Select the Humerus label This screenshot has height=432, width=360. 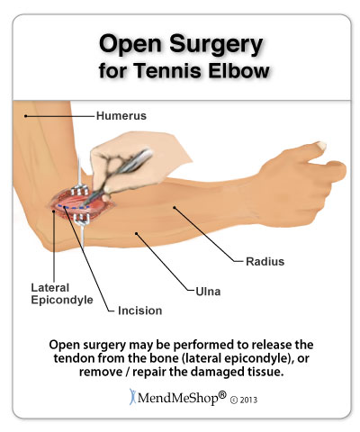[121, 116]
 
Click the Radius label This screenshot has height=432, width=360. [265, 262]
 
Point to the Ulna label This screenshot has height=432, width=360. [208, 292]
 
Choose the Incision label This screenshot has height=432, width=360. [139, 310]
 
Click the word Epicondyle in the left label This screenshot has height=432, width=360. [62, 301]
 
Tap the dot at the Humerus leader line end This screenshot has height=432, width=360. [26, 116]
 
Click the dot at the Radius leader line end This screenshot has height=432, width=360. [174, 207]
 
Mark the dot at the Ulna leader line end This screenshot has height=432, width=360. [136, 233]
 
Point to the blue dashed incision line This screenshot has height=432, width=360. [73, 207]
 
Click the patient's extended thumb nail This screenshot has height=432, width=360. [321, 146]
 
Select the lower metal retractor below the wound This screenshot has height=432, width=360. [81, 228]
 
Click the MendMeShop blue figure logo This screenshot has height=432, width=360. [132, 397]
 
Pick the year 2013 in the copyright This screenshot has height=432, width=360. [248, 400]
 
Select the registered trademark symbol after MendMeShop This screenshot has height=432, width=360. [222, 395]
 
